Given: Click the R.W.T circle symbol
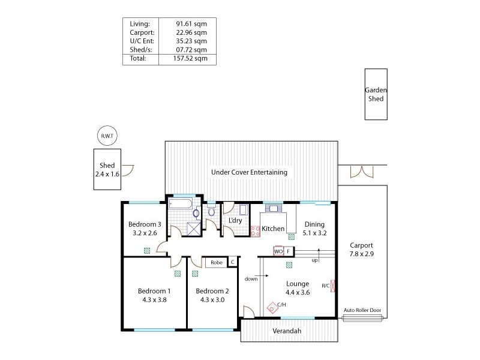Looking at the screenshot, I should [107, 136].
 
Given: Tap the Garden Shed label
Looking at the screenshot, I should [376, 94].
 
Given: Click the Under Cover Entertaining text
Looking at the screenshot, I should [249, 172].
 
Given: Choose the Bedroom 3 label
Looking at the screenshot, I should [145, 225].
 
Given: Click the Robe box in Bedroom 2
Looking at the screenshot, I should [217, 262].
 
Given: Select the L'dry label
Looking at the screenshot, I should [235, 221].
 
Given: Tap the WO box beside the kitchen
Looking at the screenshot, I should [278, 251].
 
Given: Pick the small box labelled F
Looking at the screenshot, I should [289, 251].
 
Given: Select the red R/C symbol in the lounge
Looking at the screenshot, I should [334, 286].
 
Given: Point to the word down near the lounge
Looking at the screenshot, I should [251, 278].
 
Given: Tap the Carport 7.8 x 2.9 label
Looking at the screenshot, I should [361, 249].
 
